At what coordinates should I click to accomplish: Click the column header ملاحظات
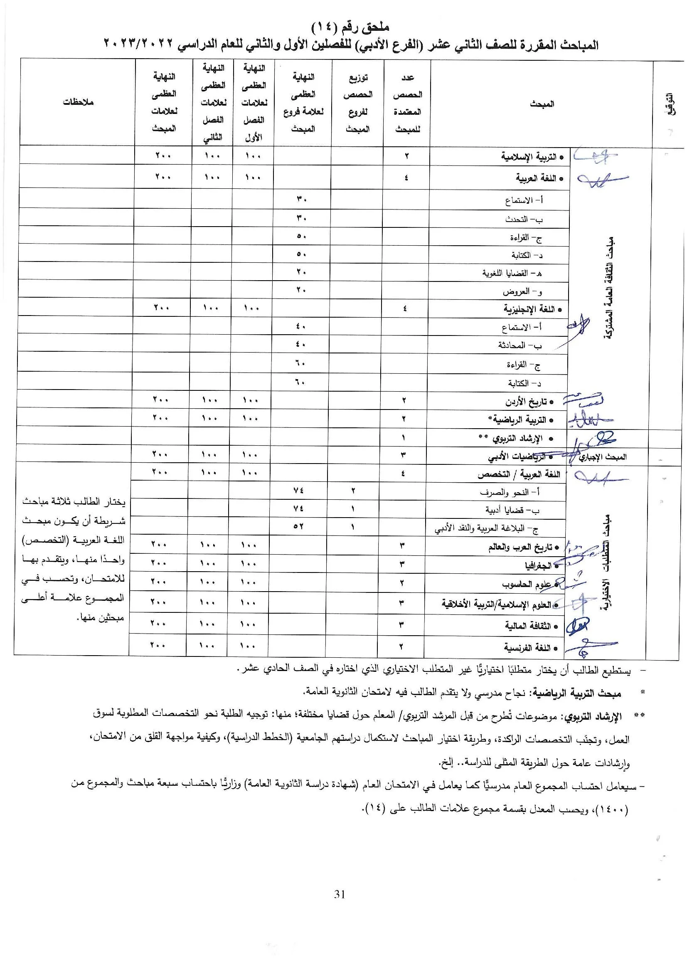pos(78,102)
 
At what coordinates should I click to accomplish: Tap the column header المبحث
pos(542,104)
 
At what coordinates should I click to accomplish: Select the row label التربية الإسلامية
pos(532,157)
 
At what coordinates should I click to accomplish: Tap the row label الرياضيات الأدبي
pos(520,457)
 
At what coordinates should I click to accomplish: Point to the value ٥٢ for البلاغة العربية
pos(298,527)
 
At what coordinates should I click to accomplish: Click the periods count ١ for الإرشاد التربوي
pos(404,437)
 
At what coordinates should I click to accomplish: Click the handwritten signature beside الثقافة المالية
pos(577,625)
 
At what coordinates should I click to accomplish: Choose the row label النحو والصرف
pos(510,492)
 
